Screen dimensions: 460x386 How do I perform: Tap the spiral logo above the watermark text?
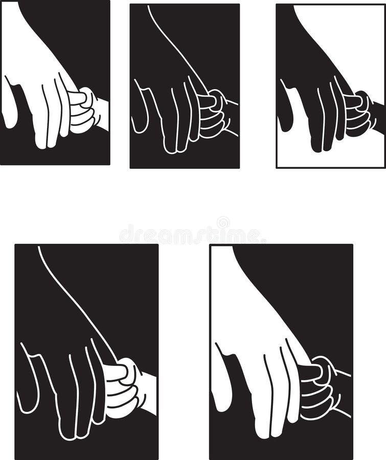click(223, 223)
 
